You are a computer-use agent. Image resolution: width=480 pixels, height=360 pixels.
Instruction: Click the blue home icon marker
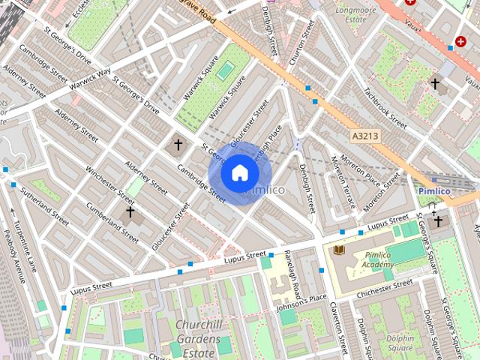(x=239, y=173)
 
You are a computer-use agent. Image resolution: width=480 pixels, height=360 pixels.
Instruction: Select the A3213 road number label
(x=364, y=136)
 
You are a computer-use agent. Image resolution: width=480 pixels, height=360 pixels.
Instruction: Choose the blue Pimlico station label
(x=433, y=191)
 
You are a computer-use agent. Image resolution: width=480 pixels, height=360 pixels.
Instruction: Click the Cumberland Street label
(x=112, y=222)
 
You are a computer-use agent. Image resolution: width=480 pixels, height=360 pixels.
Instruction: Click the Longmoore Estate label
(x=355, y=14)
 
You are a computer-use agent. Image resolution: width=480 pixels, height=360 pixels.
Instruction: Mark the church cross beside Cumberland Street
(x=130, y=212)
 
